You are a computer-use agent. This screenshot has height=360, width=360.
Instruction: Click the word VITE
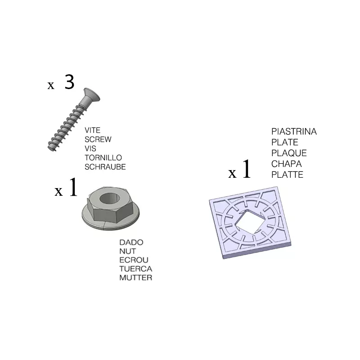(x=93, y=130)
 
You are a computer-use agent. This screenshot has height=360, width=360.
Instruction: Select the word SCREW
(x=98, y=139)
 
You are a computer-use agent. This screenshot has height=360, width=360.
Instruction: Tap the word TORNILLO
(x=103, y=158)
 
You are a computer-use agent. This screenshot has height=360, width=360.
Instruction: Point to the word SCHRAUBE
(x=105, y=167)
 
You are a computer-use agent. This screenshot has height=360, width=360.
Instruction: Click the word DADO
(x=131, y=242)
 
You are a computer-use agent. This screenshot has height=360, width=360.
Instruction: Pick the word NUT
(x=128, y=251)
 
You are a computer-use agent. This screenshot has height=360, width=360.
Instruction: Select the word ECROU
(x=134, y=260)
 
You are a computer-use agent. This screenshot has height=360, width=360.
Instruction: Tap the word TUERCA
(x=136, y=269)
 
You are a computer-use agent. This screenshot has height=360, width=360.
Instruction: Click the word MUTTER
(x=136, y=278)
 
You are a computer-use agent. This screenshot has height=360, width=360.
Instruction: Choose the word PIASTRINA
(x=294, y=131)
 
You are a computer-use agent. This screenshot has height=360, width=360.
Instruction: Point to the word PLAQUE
(x=289, y=153)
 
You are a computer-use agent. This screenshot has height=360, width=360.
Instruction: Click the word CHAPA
(x=287, y=164)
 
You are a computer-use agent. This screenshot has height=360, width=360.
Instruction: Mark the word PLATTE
(x=287, y=175)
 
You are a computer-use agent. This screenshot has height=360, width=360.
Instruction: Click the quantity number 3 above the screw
(x=69, y=82)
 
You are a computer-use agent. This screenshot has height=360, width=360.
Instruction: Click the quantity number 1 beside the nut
(x=73, y=187)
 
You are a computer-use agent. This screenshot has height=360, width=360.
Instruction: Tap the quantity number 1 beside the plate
(x=246, y=169)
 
